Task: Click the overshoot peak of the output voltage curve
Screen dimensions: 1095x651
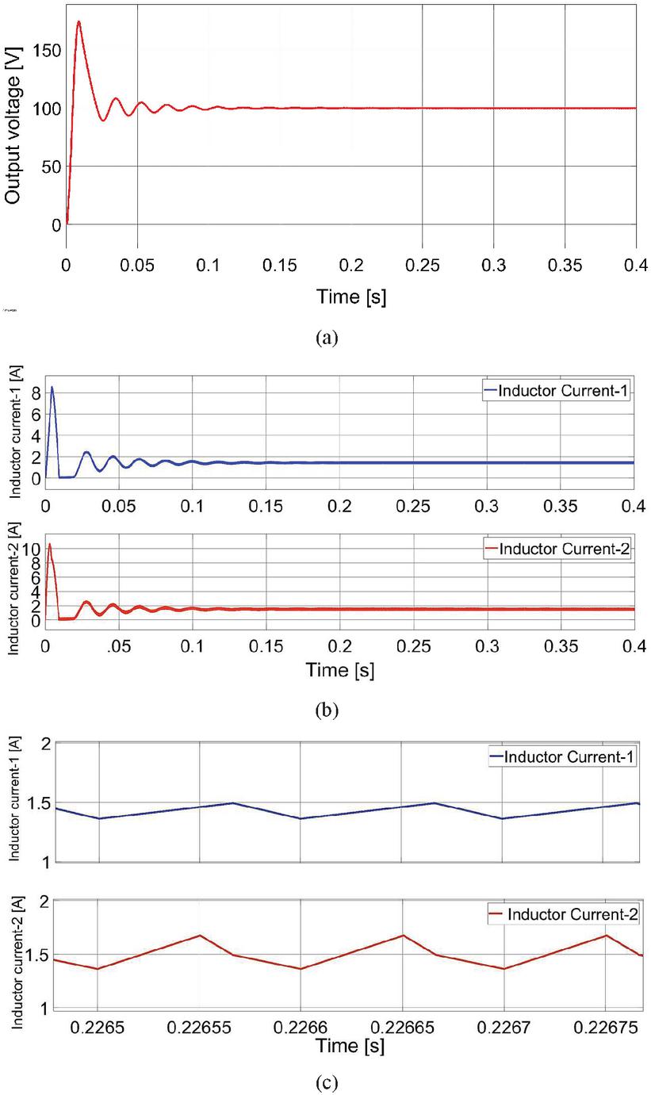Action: [79, 22]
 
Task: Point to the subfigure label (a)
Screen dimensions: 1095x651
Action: [326, 338]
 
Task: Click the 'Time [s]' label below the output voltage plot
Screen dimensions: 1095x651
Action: [352, 297]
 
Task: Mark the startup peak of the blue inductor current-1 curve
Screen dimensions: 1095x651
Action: [52, 387]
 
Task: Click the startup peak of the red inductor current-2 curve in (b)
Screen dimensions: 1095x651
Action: [50, 544]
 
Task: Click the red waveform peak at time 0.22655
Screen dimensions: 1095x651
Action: [201, 935]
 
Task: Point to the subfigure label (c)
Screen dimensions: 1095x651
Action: [326, 1080]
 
